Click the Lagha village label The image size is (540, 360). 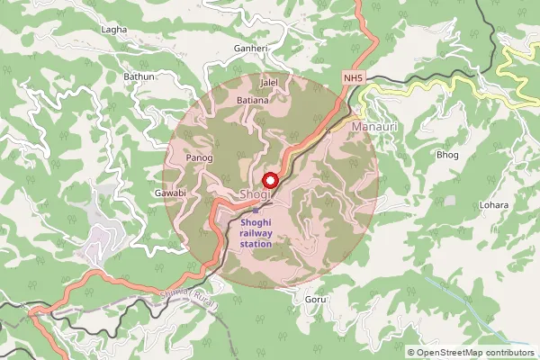tap(115, 30)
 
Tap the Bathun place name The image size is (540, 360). tap(139, 77)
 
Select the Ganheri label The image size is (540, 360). tap(251, 48)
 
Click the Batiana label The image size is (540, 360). tap(252, 100)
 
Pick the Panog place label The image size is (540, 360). tap(198, 158)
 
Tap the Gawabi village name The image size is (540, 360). tap(169, 193)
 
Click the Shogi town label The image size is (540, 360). tap(255, 195)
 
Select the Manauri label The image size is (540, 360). tap(373, 128)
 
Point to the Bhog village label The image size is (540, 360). tap(447, 155)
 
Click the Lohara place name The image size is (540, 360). tap(494, 205)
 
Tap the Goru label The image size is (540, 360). tap(315, 298)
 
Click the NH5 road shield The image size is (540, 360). tap(354, 79)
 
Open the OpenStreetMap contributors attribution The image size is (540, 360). tap(474, 352)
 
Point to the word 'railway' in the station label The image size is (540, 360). tap(256, 233)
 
